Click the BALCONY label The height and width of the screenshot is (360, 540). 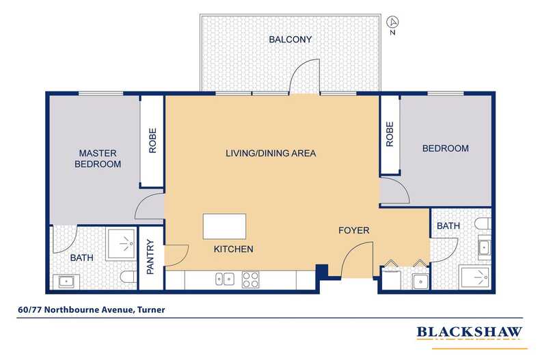[x=290, y=40]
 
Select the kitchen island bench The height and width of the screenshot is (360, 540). [x=224, y=226]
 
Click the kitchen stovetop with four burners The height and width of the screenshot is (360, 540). [x=250, y=279]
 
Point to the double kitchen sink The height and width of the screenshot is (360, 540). [x=225, y=279]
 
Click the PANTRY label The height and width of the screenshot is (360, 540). [x=150, y=257]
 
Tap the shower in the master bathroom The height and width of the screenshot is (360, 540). [x=121, y=244]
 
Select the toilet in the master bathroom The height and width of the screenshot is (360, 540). [x=129, y=277]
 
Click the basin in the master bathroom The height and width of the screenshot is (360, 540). [x=66, y=282]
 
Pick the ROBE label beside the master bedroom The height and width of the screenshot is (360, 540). [x=152, y=141]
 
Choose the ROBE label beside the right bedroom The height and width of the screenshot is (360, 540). [x=390, y=134]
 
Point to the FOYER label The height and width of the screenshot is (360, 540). [x=353, y=230]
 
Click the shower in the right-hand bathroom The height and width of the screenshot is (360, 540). [x=476, y=278]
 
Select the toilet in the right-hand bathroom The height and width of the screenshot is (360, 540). [x=483, y=223]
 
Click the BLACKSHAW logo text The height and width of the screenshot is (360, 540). [x=470, y=332]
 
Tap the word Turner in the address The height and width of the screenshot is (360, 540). [x=151, y=309]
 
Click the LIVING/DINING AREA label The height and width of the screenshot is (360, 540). [x=271, y=153]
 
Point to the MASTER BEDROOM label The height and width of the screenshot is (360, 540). [x=98, y=158]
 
